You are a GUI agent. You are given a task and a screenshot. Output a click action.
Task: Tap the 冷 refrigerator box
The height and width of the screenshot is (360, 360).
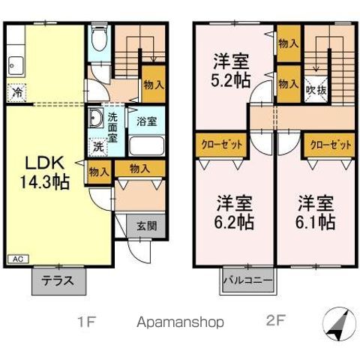[x=16, y=93]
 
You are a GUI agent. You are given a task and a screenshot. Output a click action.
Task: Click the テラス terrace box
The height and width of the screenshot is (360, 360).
[x=55, y=282]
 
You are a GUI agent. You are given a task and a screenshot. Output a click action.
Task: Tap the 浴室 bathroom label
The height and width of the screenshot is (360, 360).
[x=146, y=120]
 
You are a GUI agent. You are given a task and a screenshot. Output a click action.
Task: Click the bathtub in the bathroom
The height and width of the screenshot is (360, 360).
[x=145, y=145]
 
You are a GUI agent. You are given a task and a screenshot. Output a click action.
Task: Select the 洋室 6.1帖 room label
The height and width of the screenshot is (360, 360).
[x=314, y=212]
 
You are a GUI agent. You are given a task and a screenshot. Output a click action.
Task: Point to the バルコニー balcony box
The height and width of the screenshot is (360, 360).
[x=249, y=283]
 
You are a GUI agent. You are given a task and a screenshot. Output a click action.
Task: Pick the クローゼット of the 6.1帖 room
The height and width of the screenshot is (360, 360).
[x=328, y=144]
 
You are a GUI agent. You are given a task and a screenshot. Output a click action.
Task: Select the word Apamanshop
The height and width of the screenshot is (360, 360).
[x=180, y=322]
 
